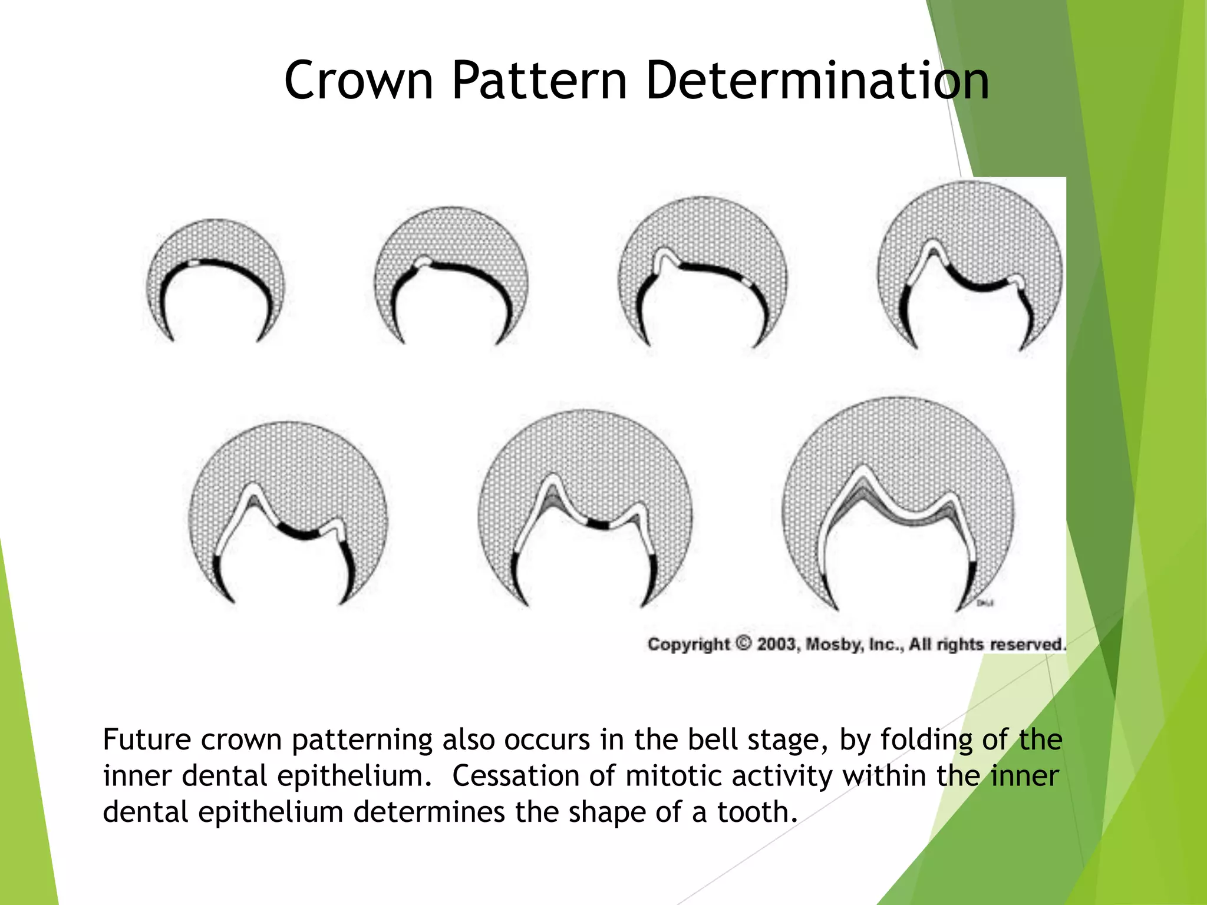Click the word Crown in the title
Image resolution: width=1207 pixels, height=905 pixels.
click(x=358, y=81)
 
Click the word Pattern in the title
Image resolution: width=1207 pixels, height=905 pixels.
click(x=539, y=81)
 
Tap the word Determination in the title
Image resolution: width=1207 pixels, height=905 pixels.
click(x=817, y=81)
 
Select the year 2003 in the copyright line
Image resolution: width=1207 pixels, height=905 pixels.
click(x=776, y=644)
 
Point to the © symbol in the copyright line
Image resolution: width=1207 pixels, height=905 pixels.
click(x=744, y=643)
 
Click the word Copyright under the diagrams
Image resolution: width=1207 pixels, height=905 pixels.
click(x=688, y=645)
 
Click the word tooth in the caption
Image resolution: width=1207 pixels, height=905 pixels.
click(x=757, y=812)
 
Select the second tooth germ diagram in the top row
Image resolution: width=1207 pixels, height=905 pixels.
click(x=451, y=277)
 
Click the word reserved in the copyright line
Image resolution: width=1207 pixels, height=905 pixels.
click(x=1028, y=645)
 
